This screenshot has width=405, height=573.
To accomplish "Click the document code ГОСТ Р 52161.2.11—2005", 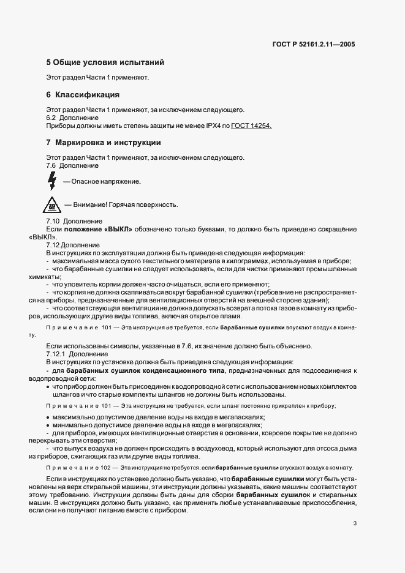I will (x=314, y=44).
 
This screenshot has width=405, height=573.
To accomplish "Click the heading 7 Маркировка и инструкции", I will (x=104, y=143).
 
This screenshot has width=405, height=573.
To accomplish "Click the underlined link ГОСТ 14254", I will (x=252, y=125).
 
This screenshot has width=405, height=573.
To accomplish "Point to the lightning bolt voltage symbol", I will (x=52, y=181).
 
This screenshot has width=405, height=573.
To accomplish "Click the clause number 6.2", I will (x=51, y=118).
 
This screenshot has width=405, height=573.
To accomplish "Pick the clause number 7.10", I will (x=53, y=221).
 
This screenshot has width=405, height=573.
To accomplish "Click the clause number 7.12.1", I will (x=56, y=354).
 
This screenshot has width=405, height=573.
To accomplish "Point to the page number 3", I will (x=355, y=523).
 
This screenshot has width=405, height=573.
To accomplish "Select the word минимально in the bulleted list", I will (x=72, y=425).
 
